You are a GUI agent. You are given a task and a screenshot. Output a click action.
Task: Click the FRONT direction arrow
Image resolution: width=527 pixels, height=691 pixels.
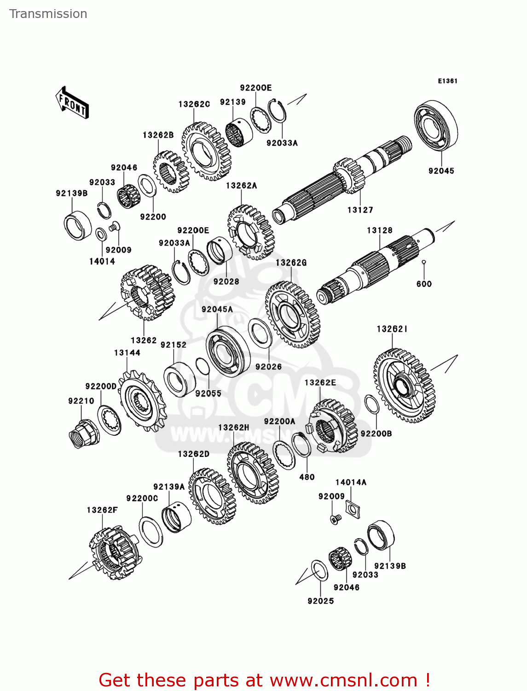72,103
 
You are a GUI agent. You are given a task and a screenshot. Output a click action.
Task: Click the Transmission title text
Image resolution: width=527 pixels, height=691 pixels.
48,14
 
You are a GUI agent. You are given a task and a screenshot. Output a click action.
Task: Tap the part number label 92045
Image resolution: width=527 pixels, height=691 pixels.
441,171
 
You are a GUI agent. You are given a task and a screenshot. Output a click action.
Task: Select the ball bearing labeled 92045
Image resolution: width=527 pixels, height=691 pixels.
435,125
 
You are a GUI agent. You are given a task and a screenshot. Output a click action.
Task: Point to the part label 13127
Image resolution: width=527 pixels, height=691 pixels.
360,210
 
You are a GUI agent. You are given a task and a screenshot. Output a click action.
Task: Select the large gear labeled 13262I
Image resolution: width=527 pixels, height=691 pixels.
404,386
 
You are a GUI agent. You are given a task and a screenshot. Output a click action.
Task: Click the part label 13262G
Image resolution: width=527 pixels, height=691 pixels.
291,263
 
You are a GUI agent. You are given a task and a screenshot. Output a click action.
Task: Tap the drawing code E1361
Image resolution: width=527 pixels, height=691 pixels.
447,81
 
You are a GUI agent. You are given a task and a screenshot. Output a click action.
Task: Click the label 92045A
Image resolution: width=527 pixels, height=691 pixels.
217,309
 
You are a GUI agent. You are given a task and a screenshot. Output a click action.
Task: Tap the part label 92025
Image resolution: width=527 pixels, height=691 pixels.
321,601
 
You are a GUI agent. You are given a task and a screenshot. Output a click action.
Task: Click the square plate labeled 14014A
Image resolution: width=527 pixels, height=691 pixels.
353,509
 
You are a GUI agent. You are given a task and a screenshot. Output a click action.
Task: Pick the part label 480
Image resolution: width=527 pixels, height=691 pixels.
307,477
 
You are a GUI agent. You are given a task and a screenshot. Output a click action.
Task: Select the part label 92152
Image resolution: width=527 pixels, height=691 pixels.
174,345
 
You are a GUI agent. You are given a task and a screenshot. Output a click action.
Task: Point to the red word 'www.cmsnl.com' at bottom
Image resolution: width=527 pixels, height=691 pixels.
343,680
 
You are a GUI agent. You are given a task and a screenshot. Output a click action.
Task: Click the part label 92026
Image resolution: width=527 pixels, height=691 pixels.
268,367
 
